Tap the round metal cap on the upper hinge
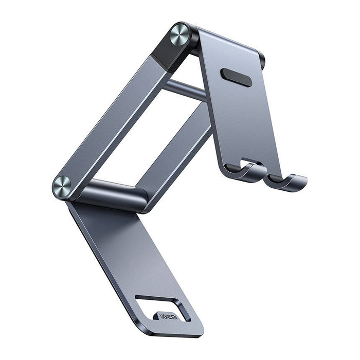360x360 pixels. tap(180, 35)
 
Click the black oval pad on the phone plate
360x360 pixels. tap(236, 76)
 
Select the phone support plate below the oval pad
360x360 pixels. tap(242, 123)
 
